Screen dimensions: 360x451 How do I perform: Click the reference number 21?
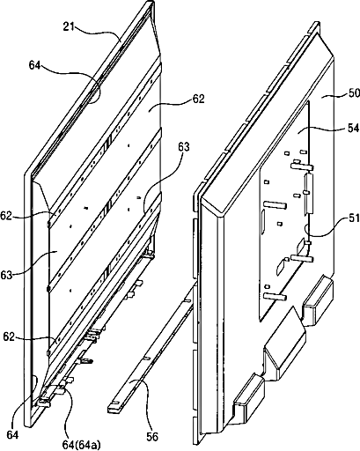click(68, 27)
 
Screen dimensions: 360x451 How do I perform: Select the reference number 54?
click(353, 129)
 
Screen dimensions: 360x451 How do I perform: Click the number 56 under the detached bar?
click(152, 437)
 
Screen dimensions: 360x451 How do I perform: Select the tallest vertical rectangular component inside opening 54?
click(309, 193)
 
